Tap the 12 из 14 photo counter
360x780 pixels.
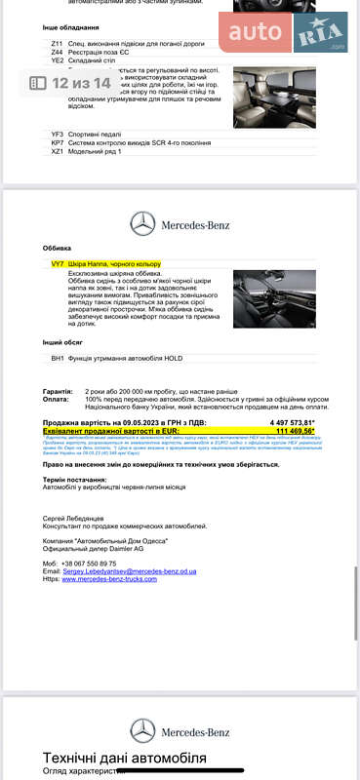[70, 84]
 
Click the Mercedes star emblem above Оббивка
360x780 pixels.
[143, 226]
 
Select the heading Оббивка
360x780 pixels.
[58, 249]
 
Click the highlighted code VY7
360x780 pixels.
[57, 264]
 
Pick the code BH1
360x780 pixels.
[57, 359]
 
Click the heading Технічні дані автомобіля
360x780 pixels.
[125, 758]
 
